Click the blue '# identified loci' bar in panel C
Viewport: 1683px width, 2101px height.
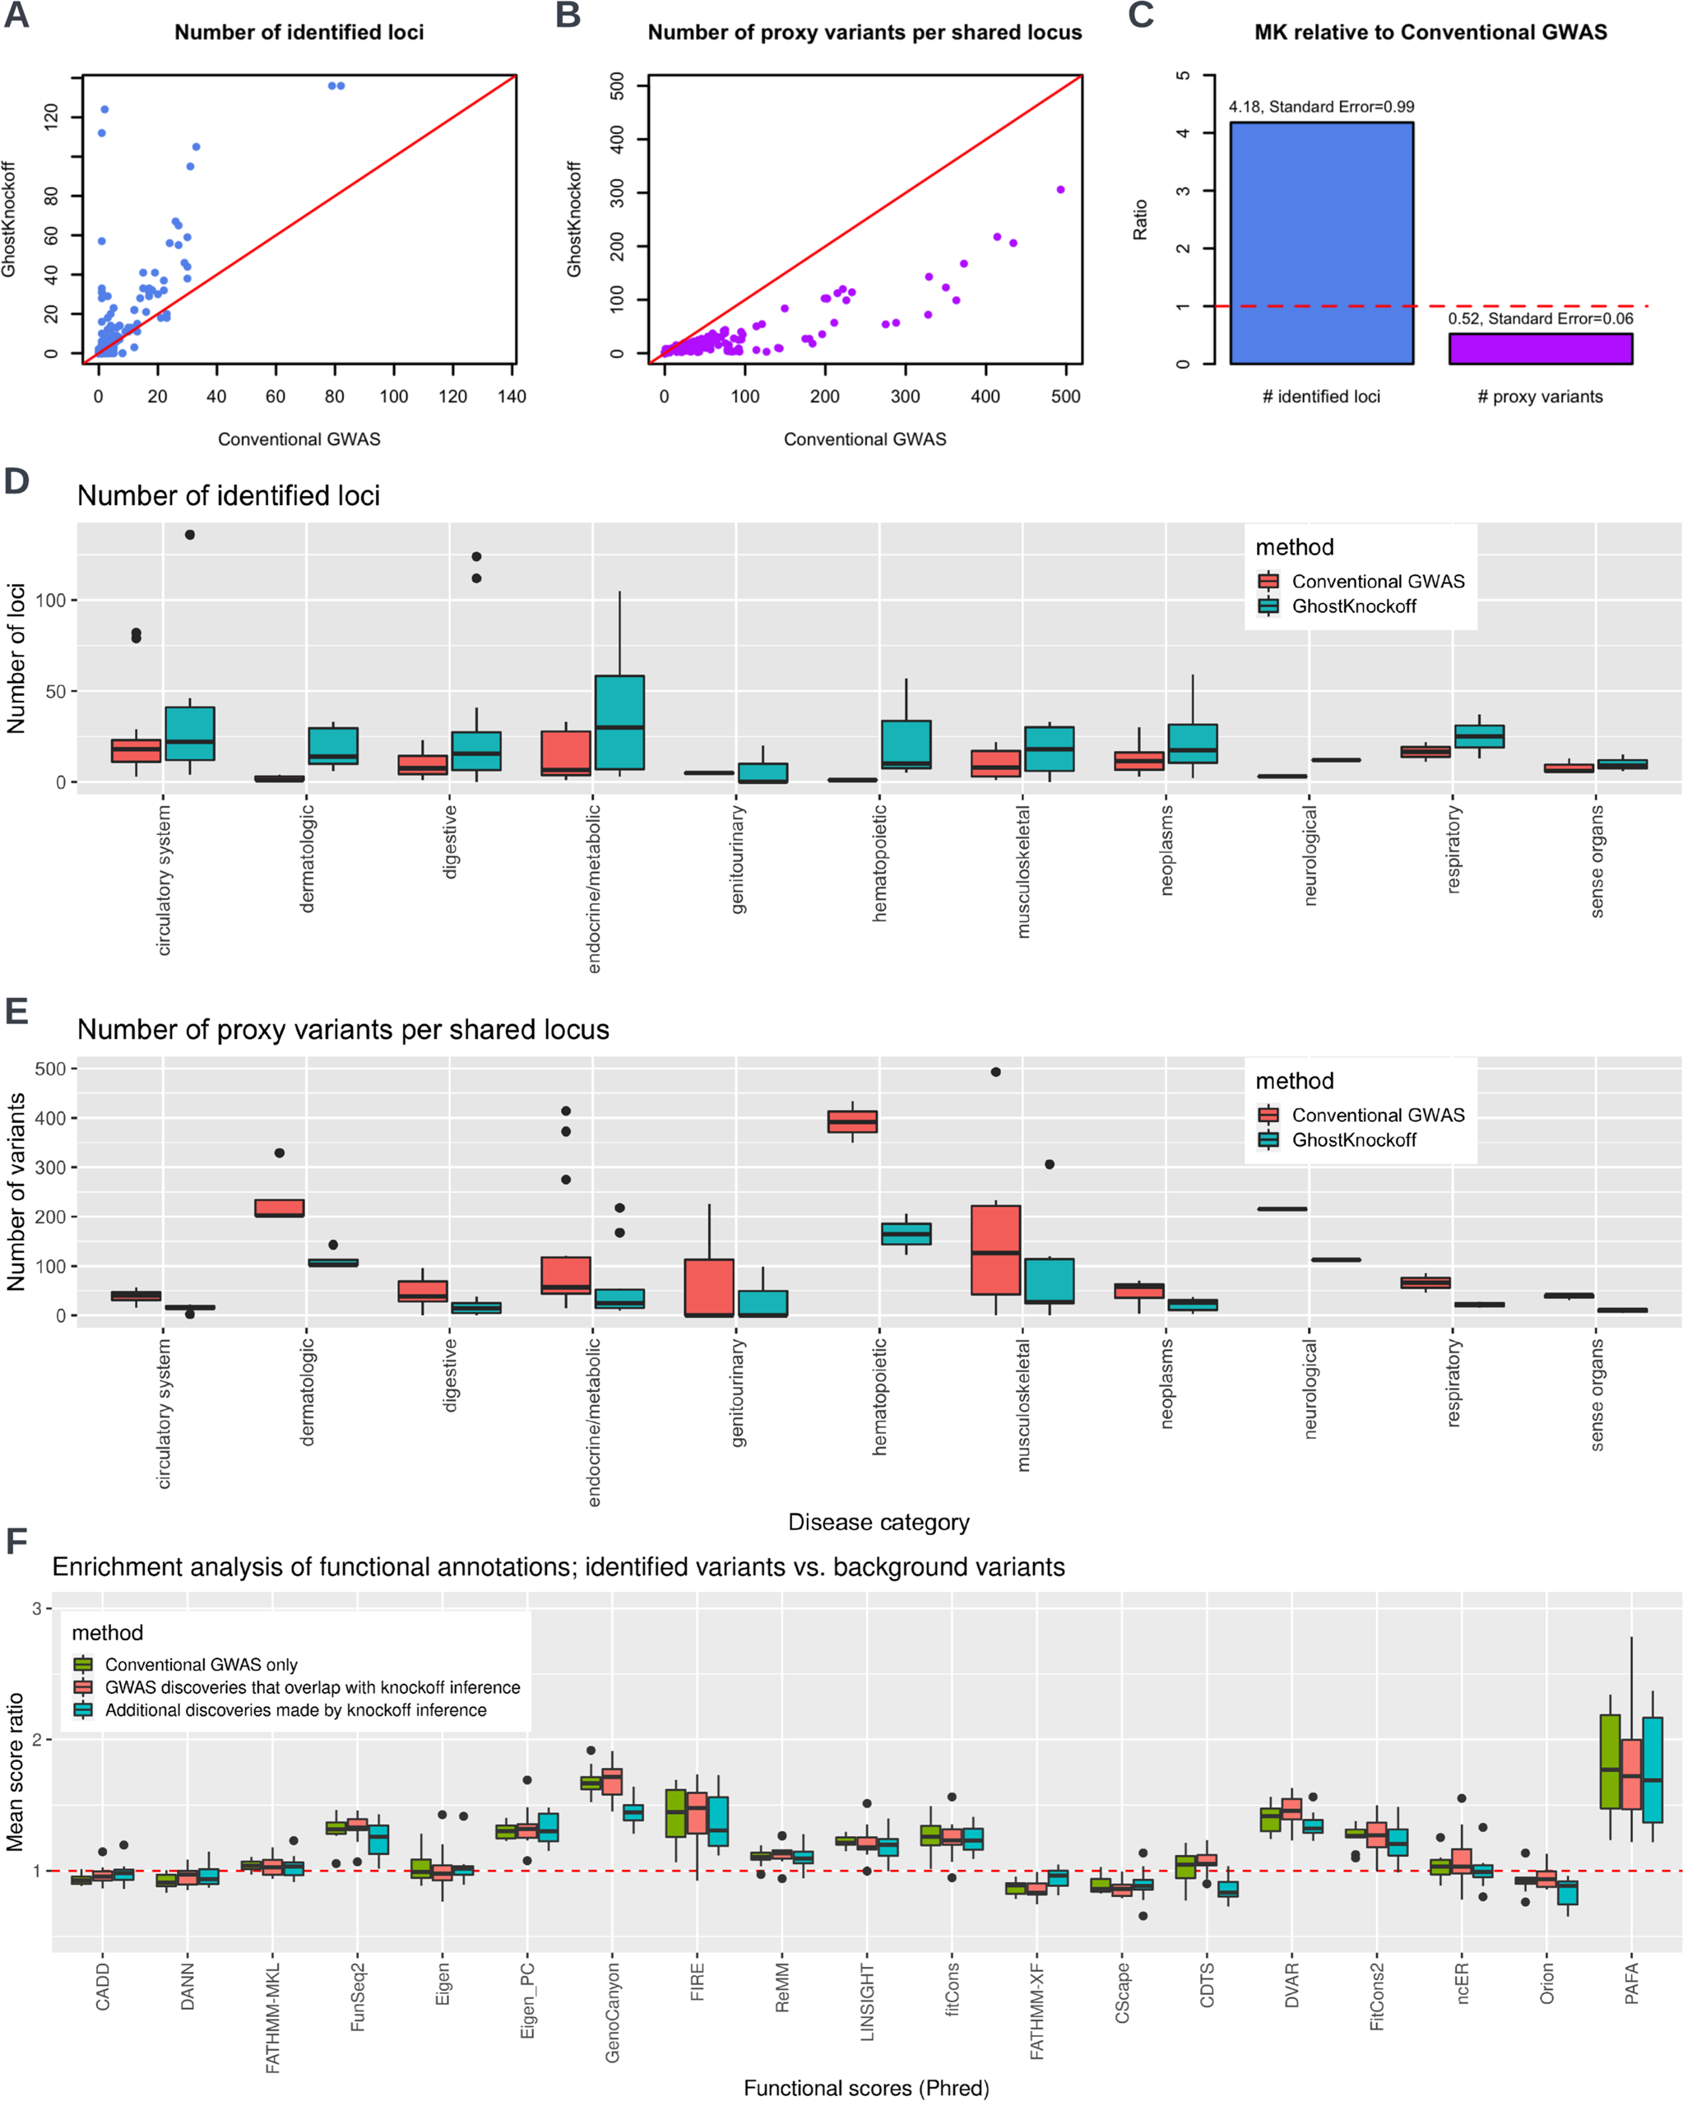pyautogui.click(x=1320, y=243)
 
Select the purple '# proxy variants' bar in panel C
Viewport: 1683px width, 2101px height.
pyautogui.click(x=1540, y=349)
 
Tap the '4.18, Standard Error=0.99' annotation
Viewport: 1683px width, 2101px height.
pyautogui.click(x=1320, y=107)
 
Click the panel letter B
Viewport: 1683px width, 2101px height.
pyautogui.click(x=568, y=16)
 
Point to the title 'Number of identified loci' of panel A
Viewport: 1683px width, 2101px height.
pyautogui.click(x=299, y=32)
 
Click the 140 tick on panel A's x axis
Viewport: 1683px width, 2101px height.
pyautogui.click(x=512, y=397)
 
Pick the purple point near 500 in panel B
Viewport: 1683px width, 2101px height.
pyautogui.click(x=1060, y=190)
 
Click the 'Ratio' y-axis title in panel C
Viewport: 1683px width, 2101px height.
pyautogui.click(x=1139, y=220)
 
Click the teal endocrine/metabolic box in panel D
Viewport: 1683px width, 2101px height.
pyautogui.click(x=619, y=722)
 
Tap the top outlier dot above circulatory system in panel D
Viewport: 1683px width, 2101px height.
pyautogui.click(x=190, y=535)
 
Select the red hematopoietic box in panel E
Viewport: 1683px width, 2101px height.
pyautogui.click(x=851, y=1121)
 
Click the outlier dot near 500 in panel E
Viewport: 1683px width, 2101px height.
pyautogui.click(x=995, y=1072)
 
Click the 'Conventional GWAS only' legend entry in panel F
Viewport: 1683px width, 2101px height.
pyautogui.click(x=201, y=1664)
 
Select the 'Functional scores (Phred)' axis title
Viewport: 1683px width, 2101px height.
pyautogui.click(x=865, y=2087)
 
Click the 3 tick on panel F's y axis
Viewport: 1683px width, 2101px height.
pyautogui.click(x=37, y=1608)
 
